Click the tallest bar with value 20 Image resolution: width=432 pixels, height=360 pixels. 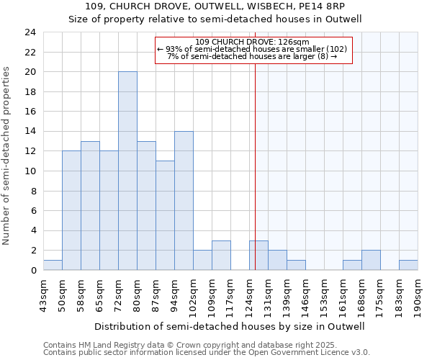coord(127,171)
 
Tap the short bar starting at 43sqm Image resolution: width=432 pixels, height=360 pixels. coord(53,265)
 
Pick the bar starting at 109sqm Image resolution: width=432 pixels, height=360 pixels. coord(221,256)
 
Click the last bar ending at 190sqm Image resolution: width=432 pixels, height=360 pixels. coord(408,265)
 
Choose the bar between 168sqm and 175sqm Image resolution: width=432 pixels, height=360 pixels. coord(371,260)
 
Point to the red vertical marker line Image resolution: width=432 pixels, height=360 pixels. coord(255,166)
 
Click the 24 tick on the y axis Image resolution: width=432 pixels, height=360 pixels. coord(30,32)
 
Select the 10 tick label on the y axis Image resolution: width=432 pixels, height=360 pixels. coord(30,171)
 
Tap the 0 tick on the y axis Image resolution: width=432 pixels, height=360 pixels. coord(33,271)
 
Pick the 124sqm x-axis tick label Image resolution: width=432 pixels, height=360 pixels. coord(249,294)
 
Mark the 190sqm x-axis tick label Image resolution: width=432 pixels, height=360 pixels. coord(418,294)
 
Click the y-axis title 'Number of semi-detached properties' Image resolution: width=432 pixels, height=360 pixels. coord(7,156)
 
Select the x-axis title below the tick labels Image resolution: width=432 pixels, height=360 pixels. coord(230,326)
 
